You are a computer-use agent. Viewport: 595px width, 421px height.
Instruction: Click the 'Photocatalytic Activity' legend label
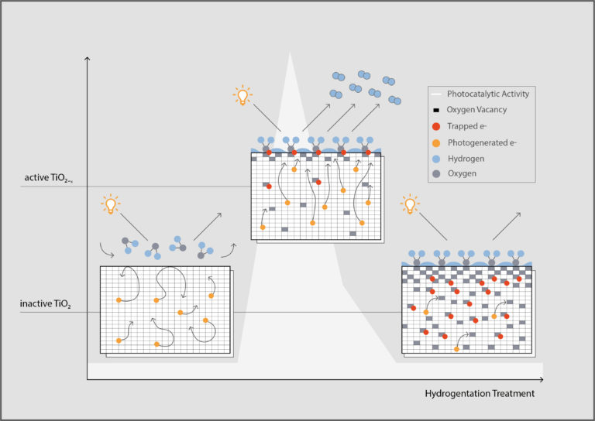[488, 94]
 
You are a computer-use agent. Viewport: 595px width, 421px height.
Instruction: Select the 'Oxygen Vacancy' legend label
[475, 110]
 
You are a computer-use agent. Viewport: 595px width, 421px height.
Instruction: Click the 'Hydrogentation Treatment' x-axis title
[480, 393]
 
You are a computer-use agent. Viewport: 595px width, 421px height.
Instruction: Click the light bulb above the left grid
[112, 206]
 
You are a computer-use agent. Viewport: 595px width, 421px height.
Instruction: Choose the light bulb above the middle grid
[242, 97]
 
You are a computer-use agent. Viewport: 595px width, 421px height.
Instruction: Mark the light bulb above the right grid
[408, 206]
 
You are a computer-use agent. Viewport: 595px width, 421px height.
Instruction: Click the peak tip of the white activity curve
[291, 54]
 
